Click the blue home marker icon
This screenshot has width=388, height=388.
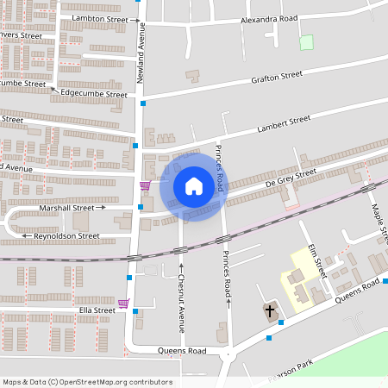tap(194, 186)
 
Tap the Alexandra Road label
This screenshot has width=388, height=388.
tap(269, 17)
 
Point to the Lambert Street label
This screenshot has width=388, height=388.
tap(284, 124)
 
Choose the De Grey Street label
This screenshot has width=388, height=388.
tap(291, 176)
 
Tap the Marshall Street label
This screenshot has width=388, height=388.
tap(66, 208)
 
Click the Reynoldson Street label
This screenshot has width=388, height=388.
tap(66, 235)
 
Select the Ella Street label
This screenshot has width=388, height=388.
tap(97, 310)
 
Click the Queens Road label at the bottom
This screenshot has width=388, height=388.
tap(182, 351)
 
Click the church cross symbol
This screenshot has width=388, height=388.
tap(269, 310)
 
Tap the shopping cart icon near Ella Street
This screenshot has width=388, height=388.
tap(124, 304)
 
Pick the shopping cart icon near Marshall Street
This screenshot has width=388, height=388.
tap(145, 185)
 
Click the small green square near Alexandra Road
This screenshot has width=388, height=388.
tap(305, 41)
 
